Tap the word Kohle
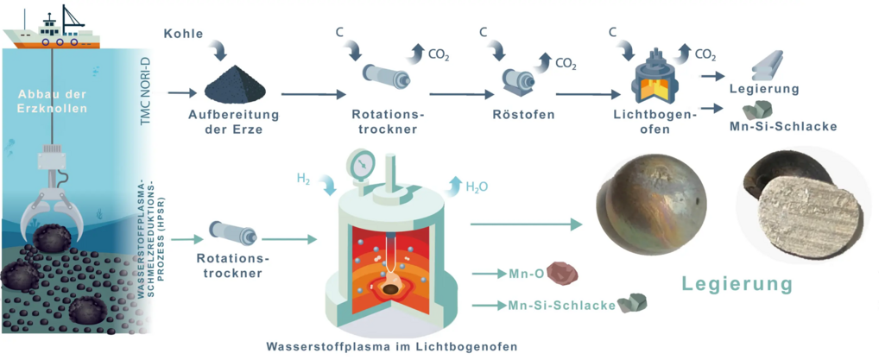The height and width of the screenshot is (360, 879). tap(183, 34)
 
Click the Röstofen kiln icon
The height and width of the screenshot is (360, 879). tap(521, 82)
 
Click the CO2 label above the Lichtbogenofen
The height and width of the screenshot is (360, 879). tap(705, 55)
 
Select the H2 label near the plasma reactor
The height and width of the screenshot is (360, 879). tap(303, 179)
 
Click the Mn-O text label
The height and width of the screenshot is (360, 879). tap(525, 274)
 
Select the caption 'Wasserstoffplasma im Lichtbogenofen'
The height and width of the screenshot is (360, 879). tap(391, 346)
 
